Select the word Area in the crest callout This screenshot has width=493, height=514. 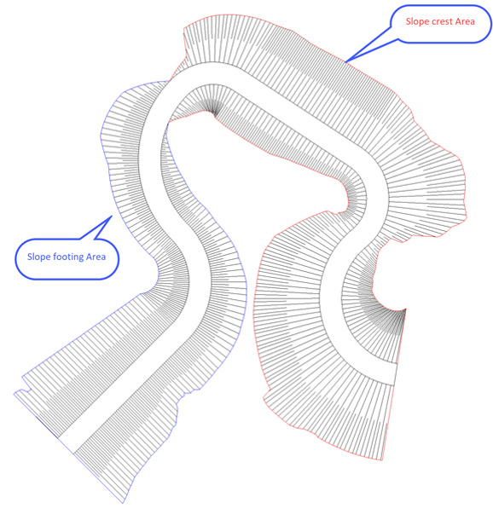(x=465, y=21)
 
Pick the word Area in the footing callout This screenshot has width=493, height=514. (x=96, y=257)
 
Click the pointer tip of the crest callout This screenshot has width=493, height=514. (x=345, y=61)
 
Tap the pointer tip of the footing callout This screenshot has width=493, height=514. (x=113, y=216)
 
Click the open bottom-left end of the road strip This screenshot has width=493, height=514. (x=66, y=446)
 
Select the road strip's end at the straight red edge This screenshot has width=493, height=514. (x=395, y=374)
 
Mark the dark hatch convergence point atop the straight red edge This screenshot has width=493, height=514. (x=405, y=309)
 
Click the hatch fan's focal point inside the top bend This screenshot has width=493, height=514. (x=214, y=114)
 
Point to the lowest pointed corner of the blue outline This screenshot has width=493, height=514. (x=123, y=503)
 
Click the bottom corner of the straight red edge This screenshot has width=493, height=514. (x=382, y=460)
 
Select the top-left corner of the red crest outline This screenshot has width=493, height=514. (x=184, y=28)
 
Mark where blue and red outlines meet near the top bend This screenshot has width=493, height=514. (x=168, y=81)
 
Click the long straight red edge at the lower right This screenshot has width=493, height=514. (x=393, y=384)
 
